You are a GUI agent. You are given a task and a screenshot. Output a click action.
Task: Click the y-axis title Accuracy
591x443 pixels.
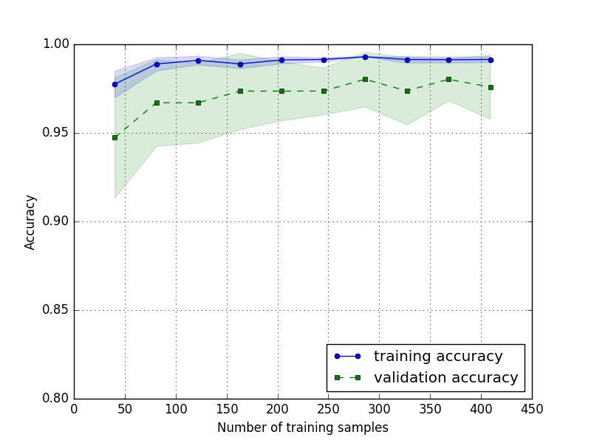[x=30, y=221]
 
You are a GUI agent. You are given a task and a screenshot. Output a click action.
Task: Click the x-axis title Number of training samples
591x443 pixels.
[x=302, y=427]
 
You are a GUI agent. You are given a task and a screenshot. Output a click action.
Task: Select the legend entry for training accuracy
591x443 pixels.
[x=437, y=356]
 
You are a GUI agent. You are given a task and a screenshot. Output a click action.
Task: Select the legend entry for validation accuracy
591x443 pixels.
[x=445, y=377]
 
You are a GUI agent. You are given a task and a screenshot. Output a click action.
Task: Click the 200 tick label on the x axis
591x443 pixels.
[x=278, y=408]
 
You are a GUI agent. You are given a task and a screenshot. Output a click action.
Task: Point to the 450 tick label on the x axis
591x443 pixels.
[x=532, y=408]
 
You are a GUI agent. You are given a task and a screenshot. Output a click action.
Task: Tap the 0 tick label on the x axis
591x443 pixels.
[x=74, y=408]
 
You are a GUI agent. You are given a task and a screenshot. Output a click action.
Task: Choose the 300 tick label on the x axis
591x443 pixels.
[x=379, y=408]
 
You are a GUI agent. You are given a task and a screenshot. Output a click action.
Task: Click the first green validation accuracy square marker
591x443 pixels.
[x=115, y=137]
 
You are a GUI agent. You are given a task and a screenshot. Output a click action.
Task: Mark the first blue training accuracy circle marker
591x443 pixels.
[x=115, y=84]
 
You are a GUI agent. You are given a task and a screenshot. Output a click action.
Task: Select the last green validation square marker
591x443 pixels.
[x=491, y=87]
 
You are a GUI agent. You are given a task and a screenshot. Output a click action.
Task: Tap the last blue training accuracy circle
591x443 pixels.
[x=491, y=60]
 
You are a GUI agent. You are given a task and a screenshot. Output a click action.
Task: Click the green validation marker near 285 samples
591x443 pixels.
[x=365, y=79]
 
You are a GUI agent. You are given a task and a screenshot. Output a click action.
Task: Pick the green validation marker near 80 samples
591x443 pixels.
[x=157, y=103]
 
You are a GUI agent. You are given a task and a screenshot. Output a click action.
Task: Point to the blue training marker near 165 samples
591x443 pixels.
[x=240, y=64]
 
